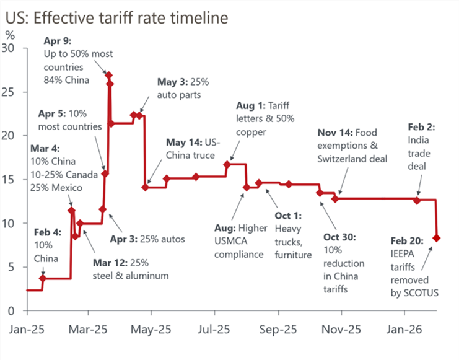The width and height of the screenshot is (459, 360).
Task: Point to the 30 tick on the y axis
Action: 14,48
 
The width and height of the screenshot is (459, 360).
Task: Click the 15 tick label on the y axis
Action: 14,179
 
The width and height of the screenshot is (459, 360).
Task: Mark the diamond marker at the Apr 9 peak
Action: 109,75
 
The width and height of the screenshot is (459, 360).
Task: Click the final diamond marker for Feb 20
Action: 437,238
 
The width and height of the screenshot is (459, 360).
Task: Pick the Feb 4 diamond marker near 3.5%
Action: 43,278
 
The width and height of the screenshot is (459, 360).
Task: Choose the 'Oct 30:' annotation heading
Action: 341,237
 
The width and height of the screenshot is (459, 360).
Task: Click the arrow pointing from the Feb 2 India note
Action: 419,184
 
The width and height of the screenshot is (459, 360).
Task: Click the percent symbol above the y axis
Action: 9,35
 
